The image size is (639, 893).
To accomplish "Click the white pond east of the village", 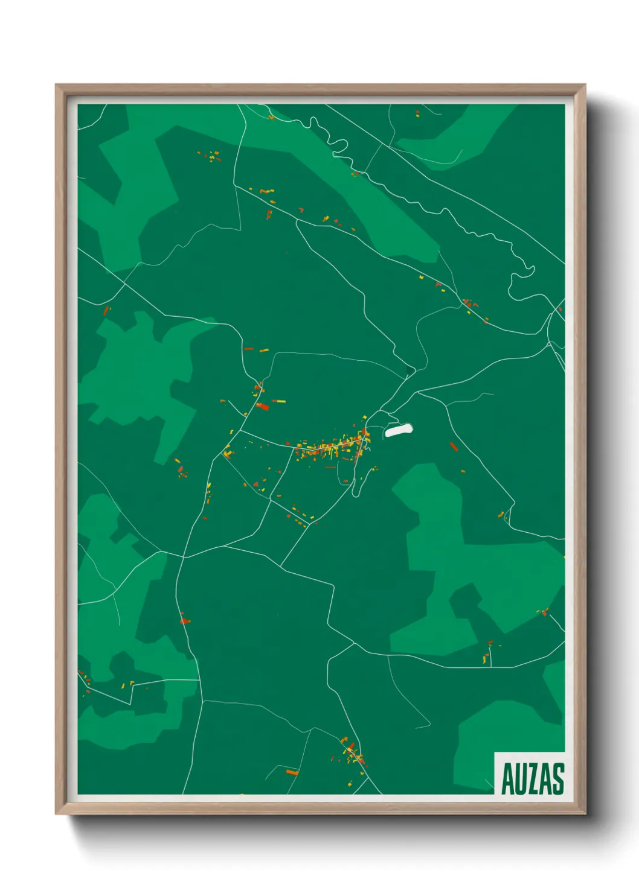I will tap(399, 430).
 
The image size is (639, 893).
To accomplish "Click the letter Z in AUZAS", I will tap(533, 779).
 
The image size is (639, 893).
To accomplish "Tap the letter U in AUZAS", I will tap(519, 779).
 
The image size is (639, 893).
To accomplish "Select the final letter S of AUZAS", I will tap(557, 779).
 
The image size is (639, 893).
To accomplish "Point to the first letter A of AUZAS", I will tap(507, 779).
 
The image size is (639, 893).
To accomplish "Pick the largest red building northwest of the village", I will tap(262, 407).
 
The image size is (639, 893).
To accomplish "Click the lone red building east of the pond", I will tap(454, 446).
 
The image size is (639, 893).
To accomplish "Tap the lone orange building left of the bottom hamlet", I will tap(292, 772).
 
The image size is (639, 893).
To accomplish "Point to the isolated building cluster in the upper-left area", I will tap(210, 156).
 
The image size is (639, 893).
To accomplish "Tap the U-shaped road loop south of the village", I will tap(358, 483).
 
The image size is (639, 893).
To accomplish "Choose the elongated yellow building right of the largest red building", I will tap(280, 401).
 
